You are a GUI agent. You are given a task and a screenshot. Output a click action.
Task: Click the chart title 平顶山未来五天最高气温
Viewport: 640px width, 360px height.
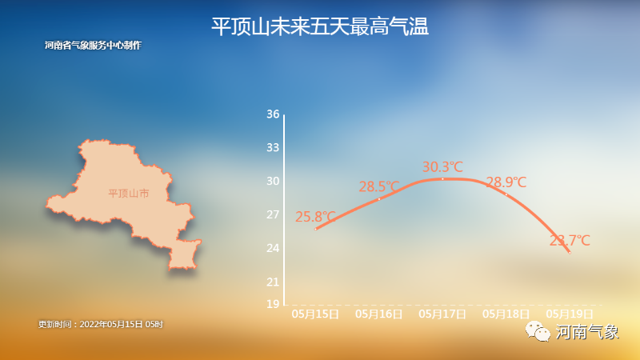[319, 26]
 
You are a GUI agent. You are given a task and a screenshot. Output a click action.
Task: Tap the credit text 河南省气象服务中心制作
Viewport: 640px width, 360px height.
[93, 46]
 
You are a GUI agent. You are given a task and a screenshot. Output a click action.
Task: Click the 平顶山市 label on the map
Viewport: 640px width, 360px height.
[129, 194]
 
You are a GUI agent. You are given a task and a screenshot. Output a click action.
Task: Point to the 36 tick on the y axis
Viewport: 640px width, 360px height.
[273, 114]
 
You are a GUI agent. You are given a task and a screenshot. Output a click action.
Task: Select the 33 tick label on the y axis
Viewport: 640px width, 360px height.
[273, 147]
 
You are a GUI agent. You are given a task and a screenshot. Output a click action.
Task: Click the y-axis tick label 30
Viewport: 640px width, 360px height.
[273, 182]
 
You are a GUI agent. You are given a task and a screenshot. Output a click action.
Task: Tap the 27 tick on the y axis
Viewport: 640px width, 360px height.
[273, 214]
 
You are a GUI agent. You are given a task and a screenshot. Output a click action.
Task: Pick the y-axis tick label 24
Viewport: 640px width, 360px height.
[273, 248]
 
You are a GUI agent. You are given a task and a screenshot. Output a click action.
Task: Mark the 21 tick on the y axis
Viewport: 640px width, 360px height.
[273, 282]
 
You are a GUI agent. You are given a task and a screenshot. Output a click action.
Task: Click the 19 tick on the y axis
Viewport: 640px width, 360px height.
[273, 304]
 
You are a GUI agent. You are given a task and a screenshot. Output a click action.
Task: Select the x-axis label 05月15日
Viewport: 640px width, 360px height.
[315, 314]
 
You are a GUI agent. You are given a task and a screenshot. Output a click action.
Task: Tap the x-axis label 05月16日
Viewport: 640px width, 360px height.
[378, 314]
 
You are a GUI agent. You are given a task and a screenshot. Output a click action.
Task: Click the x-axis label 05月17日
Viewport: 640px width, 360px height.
[442, 314]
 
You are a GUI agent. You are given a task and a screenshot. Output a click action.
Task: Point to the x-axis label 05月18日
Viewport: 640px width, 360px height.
[506, 314]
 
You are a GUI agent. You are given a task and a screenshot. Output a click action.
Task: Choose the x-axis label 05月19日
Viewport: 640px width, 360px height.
[570, 314]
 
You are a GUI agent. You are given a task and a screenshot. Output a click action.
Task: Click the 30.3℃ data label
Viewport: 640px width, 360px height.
[442, 167]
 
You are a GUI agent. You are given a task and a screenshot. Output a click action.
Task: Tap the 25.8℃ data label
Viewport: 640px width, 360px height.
[315, 217]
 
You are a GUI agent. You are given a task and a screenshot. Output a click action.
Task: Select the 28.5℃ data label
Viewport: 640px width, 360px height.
[379, 187]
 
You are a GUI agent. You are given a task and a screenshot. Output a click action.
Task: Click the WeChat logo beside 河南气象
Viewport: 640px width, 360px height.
[538, 331]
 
